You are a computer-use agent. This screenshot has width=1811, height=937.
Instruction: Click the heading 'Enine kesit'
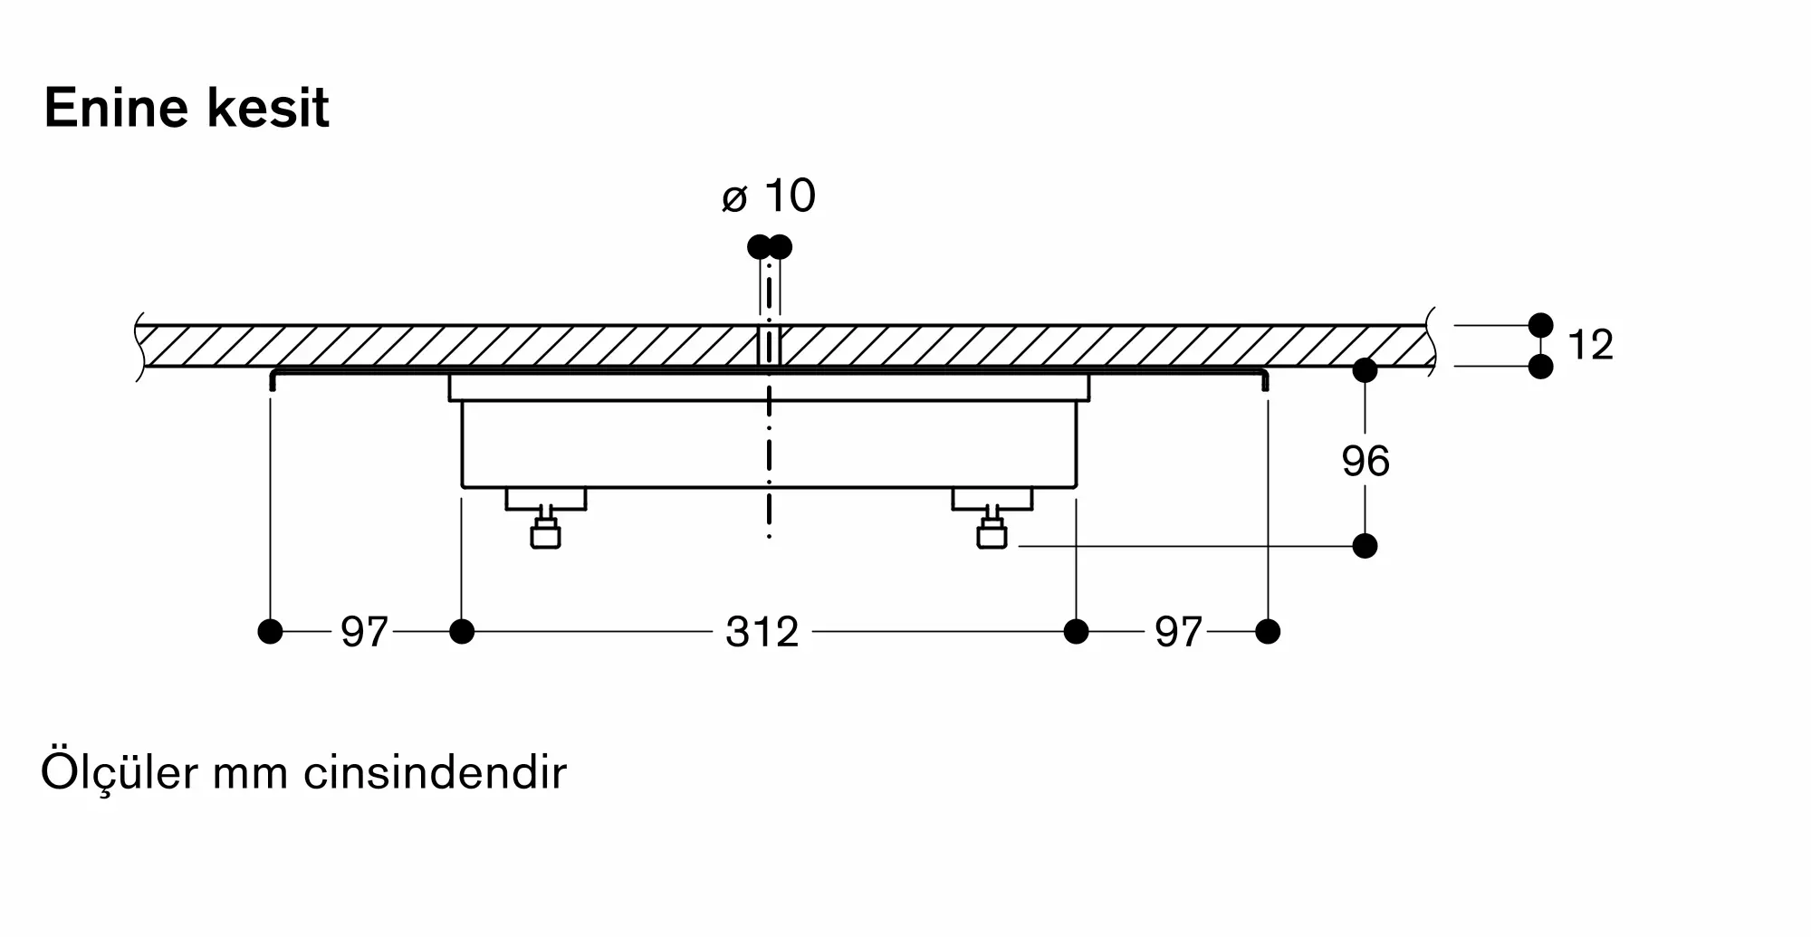click(x=187, y=109)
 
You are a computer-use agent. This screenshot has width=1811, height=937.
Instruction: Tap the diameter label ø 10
click(x=769, y=196)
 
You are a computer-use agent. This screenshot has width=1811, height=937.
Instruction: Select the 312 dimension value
click(x=762, y=632)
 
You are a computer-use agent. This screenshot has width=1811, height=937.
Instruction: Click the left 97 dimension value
click(x=364, y=632)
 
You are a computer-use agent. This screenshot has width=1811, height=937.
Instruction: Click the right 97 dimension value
click(x=1178, y=632)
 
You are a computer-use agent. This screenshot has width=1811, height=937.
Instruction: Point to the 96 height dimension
click(x=1365, y=461)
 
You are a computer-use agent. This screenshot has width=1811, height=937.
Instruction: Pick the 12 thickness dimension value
click(x=1590, y=345)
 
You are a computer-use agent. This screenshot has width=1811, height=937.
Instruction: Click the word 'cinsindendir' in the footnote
click(x=435, y=773)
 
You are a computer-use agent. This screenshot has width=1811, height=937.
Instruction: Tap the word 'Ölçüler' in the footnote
click(x=119, y=771)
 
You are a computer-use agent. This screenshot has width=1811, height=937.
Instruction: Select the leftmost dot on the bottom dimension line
click(x=270, y=631)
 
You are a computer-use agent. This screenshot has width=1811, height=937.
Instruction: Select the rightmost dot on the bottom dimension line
click(x=1268, y=631)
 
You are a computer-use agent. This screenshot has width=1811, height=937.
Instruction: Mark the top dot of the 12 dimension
click(x=1540, y=325)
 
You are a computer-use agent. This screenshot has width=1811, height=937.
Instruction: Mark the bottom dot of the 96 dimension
click(x=1365, y=546)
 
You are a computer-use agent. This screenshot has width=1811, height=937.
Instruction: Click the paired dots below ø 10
click(x=770, y=246)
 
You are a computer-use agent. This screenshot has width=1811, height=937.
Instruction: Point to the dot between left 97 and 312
click(x=462, y=631)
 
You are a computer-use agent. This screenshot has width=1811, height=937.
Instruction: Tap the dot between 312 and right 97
click(x=1076, y=631)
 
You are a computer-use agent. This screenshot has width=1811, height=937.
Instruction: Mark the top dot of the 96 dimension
click(x=1365, y=370)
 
